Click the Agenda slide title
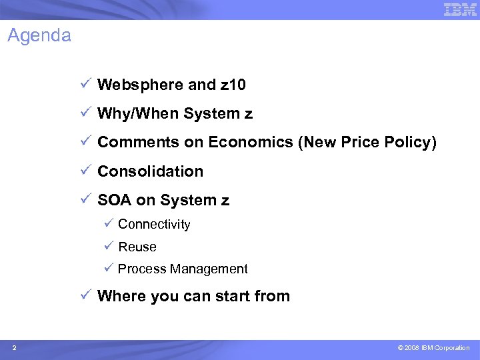(x=39, y=35)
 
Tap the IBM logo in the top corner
(x=460, y=9)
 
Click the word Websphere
(x=140, y=85)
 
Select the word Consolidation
(x=150, y=171)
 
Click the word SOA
(x=114, y=200)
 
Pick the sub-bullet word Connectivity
(x=154, y=225)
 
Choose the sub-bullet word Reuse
(x=137, y=247)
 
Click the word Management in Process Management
(x=209, y=269)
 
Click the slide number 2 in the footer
(x=15, y=348)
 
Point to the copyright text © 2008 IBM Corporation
(x=433, y=348)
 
